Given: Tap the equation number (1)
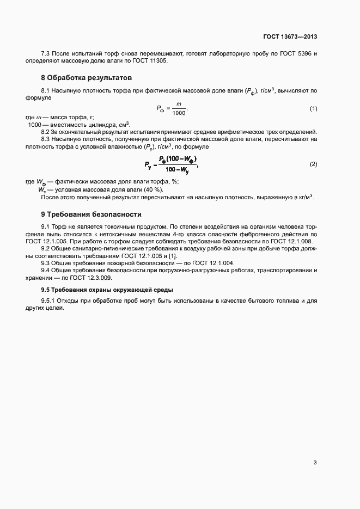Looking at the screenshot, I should coord(313,109).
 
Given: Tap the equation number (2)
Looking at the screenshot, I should coord(313,164).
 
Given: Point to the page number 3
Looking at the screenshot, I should coord(315,463).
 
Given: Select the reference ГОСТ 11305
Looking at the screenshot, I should coord(151,61).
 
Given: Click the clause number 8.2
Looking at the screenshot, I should coord(46,132).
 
